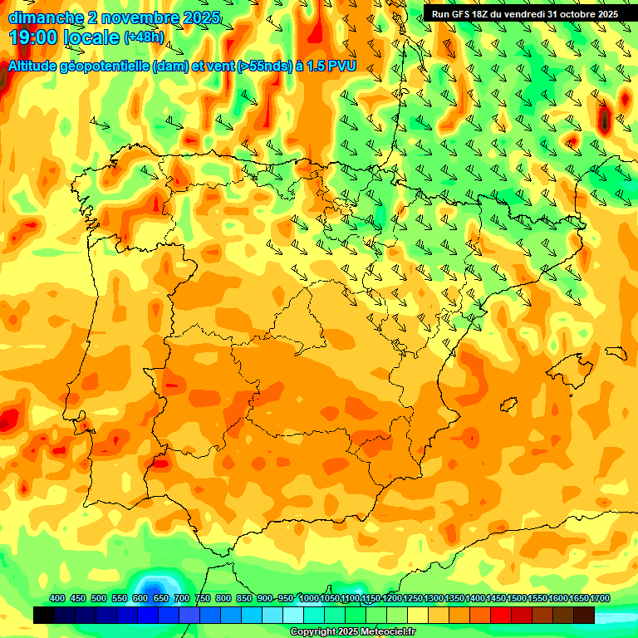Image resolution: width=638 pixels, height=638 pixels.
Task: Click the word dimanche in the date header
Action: pyautogui.click(x=45, y=17)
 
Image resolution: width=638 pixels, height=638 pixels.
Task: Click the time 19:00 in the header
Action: pyautogui.click(x=35, y=37)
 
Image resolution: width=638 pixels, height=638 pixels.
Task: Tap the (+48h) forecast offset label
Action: pyautogui.click(x=143, y=37)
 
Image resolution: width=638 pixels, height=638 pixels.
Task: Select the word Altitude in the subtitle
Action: pyautogui.click(x=37, y=66)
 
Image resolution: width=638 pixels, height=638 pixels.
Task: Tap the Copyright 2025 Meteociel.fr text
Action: pyautogui.click(x=352, y=632)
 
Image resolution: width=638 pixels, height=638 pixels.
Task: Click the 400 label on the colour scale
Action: pyautogui.click(x=57, y=599)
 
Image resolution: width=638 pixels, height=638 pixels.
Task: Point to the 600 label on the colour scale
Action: pyautogui.click(x=140, y=599)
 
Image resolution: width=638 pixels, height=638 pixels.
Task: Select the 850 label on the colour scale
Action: pyautogui.click(x=243, y=599)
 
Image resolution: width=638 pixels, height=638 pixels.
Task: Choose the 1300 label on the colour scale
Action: pyautogui.click(x=434, y=599)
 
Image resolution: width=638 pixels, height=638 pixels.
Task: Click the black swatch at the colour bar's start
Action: pyautogui.click(x=44, y=615)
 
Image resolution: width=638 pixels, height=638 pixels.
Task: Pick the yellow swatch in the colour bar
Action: pyautogui.click(x=418, y=615)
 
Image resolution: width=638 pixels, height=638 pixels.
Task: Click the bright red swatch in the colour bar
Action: pyautogui.click(x=501, y=615)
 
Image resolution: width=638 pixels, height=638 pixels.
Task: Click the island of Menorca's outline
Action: pyautogui.click(x=616, y=351)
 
